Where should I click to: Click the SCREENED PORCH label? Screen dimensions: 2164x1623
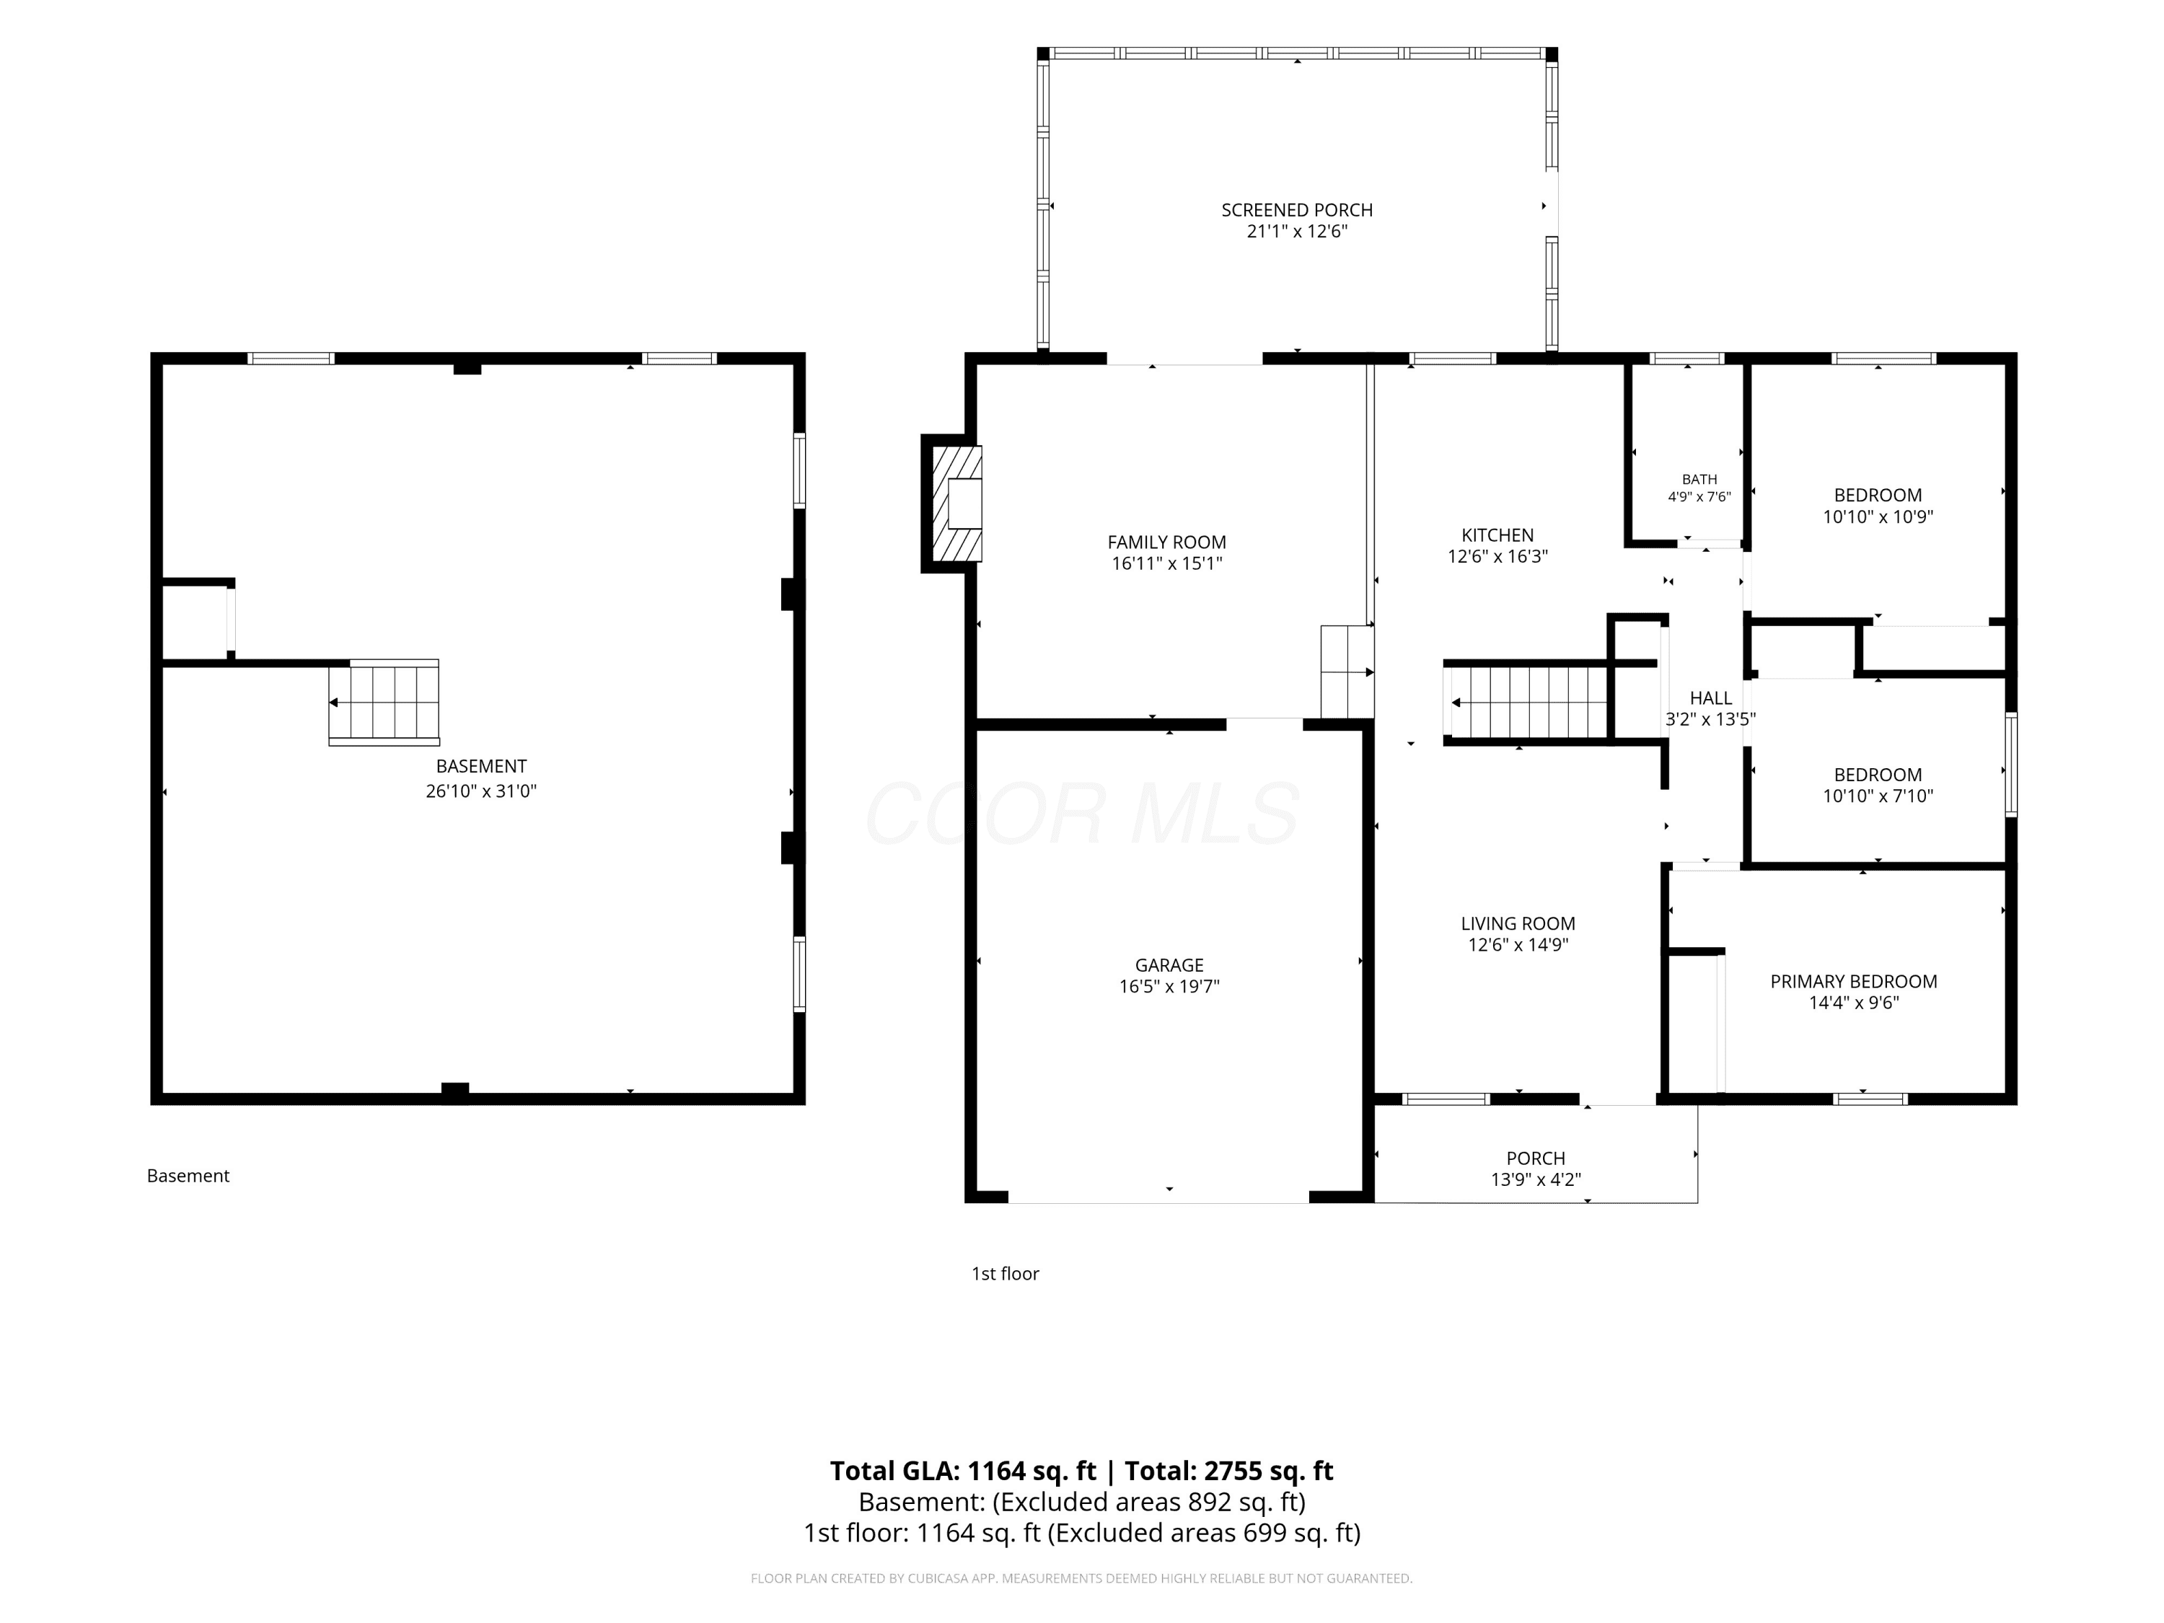[1297, 211]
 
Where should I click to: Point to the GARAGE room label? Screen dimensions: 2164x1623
[1169, 966]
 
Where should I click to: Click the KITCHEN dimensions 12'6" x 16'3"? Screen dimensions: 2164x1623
[1497, 557]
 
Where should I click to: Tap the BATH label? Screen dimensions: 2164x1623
[1699, 480]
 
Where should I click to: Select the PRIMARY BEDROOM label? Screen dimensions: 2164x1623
[1854, 981]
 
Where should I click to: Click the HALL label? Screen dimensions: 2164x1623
[1711, 698]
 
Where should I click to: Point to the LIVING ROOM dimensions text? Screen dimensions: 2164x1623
[1518, 945]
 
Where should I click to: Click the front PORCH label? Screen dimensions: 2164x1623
[1536, 1158]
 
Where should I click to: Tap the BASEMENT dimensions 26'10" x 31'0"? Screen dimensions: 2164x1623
[481, 791]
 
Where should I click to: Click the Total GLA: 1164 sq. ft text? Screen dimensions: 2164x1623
[964, 1472]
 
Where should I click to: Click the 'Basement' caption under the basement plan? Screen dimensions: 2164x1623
[188, 1176]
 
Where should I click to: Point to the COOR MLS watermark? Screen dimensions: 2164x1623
[1082, 813]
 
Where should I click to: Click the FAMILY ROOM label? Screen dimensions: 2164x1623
[1167, 542]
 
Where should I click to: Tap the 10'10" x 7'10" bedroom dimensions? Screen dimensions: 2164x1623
[1878, 796]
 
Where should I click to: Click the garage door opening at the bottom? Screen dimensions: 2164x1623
[1158, 1197]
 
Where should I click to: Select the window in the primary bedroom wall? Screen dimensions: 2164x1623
[1870, 1099]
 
